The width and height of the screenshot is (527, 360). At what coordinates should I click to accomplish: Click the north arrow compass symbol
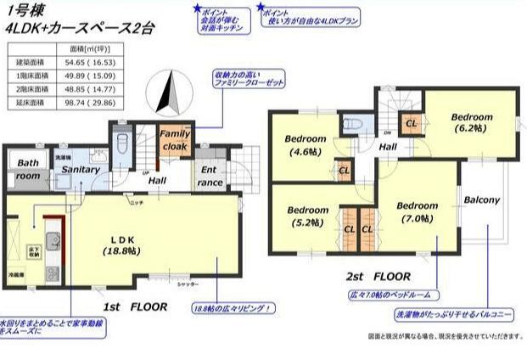click(x=167, y=91)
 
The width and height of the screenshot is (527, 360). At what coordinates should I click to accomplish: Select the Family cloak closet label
click(x=175, y=139)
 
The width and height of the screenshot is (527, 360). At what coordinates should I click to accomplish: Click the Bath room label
click(x=27, y=169)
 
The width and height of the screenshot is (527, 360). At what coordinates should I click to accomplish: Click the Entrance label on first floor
click(x=210, y=176)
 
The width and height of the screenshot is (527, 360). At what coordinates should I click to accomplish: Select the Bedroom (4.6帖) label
click(x=305, y=145)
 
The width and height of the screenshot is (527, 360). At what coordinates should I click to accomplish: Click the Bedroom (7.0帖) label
click(x=417, y=211)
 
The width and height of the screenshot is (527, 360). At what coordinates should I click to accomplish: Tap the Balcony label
click(x=481, y=200)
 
